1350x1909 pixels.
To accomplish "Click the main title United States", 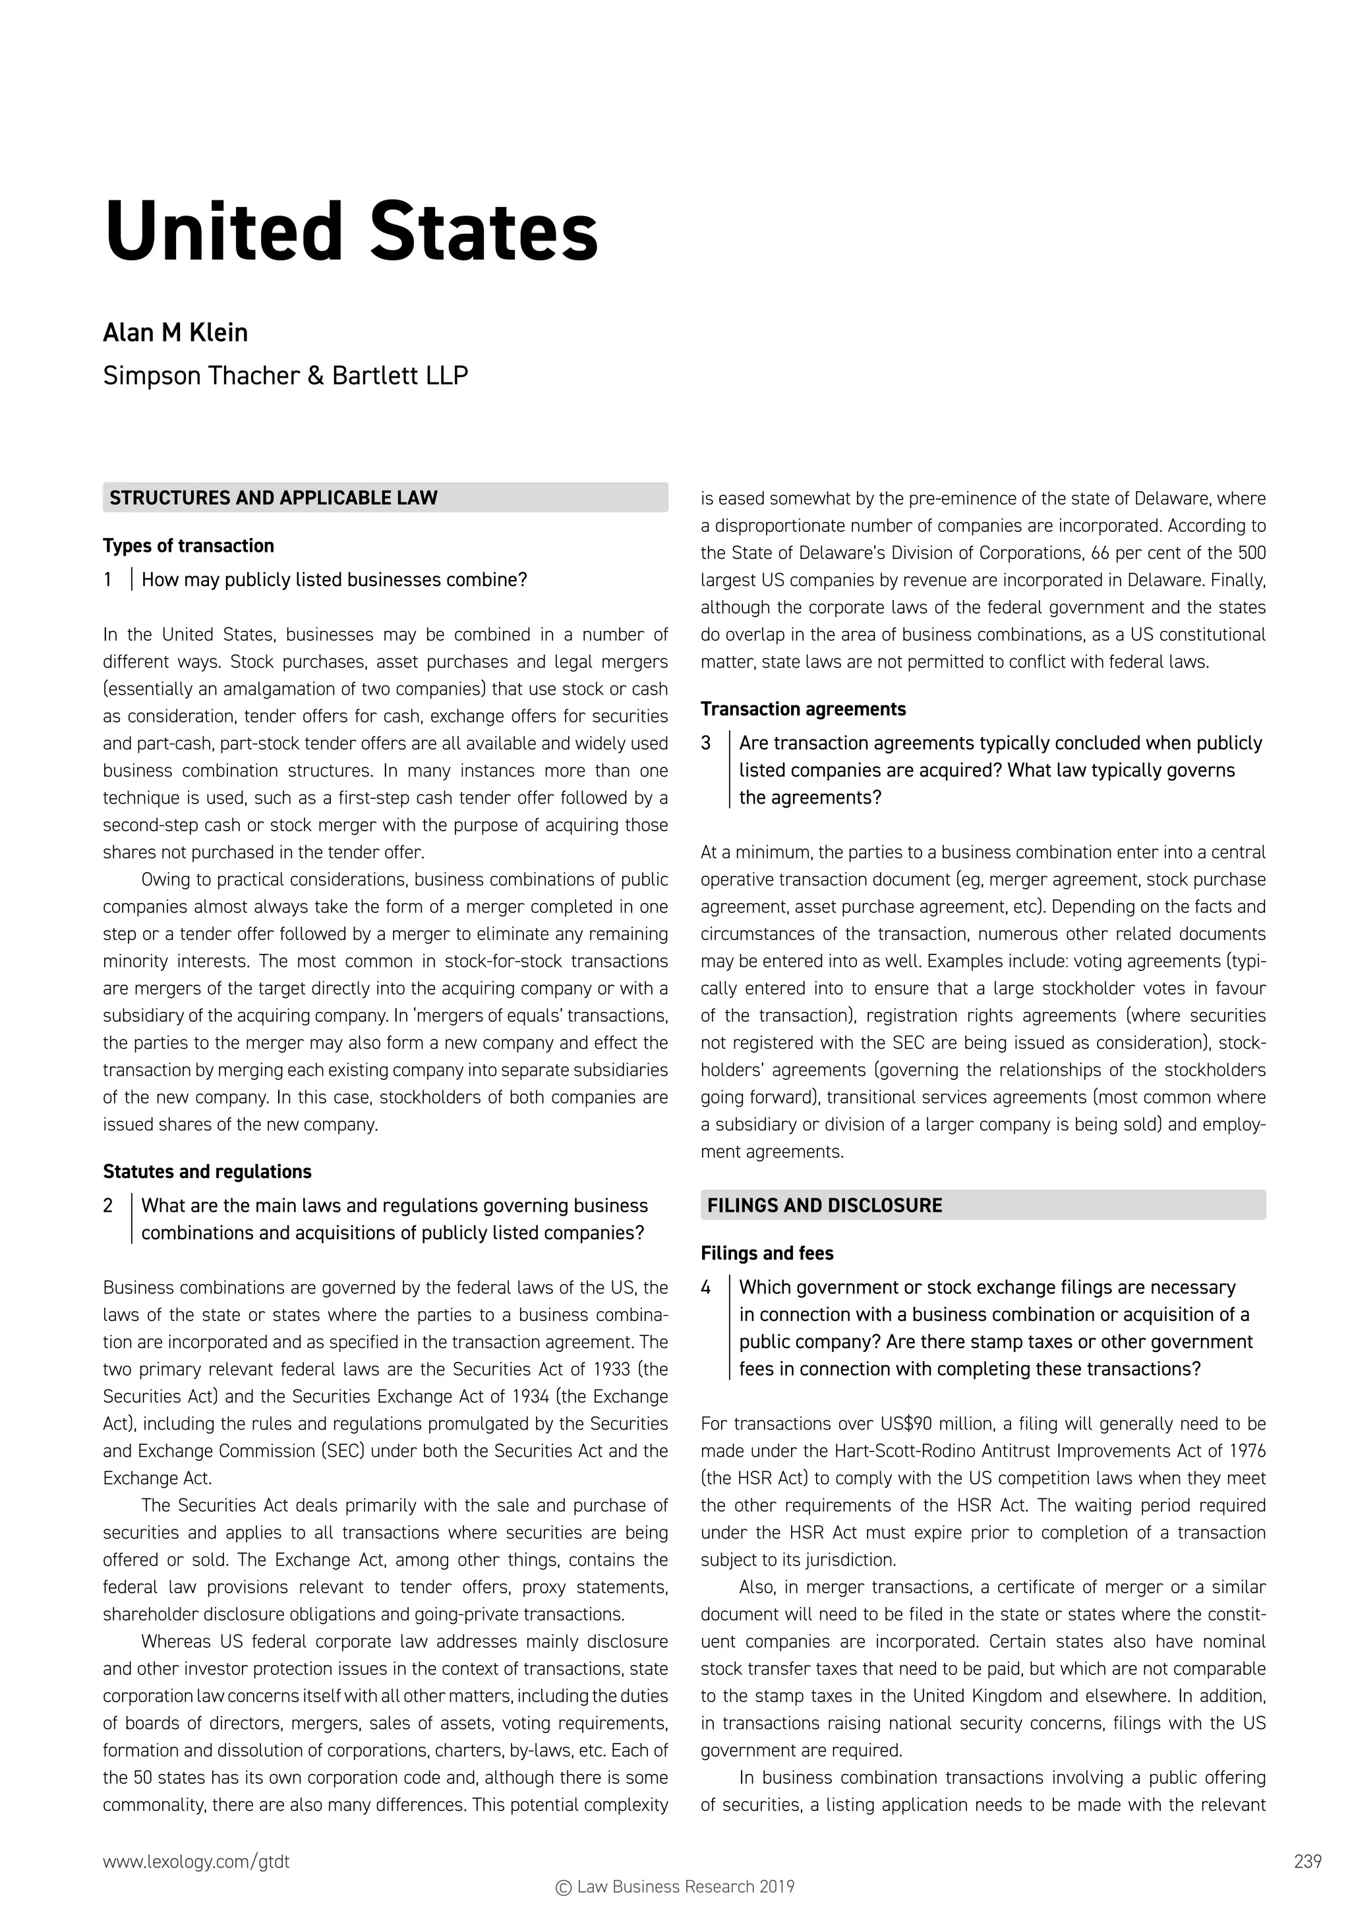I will tap(350, 232).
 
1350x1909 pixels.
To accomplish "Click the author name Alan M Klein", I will tap(175, 333).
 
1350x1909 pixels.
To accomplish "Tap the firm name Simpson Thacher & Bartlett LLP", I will tap(285, 376).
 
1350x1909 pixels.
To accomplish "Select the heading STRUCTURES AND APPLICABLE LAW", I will tap(274, 498).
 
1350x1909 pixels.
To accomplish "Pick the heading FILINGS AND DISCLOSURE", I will tap(824, 1206).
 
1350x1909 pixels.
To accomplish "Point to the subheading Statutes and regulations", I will tap(207, 1171).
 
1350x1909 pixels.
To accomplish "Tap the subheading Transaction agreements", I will tap(802, 709).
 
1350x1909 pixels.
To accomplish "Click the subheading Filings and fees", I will tap(767, 1253).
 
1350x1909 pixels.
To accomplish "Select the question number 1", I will tap(108, 579).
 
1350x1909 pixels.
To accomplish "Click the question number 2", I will tap(108, 1206).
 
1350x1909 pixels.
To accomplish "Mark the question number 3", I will tap(706, 744).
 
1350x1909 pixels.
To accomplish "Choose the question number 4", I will tap(706, 1287).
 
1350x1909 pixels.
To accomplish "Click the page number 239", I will tap(1308, 1862).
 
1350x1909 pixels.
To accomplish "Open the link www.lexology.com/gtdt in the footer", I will tap(196, 1862).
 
